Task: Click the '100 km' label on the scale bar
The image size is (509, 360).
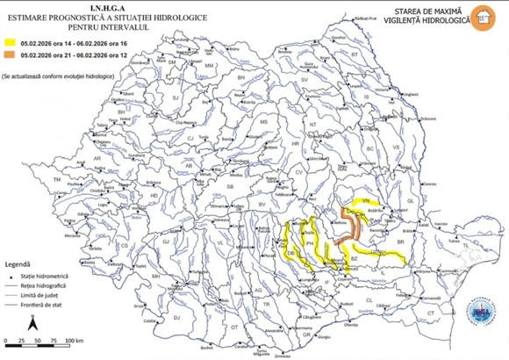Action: pyautogui.click(x=75, y=340)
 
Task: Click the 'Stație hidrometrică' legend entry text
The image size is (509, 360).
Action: pyautogui.click(x=56, y=276)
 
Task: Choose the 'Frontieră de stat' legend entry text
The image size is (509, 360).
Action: pyautogui.click(x=54, y=306)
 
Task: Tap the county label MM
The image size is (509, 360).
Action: pyautogui.click(x=209, y=66)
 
